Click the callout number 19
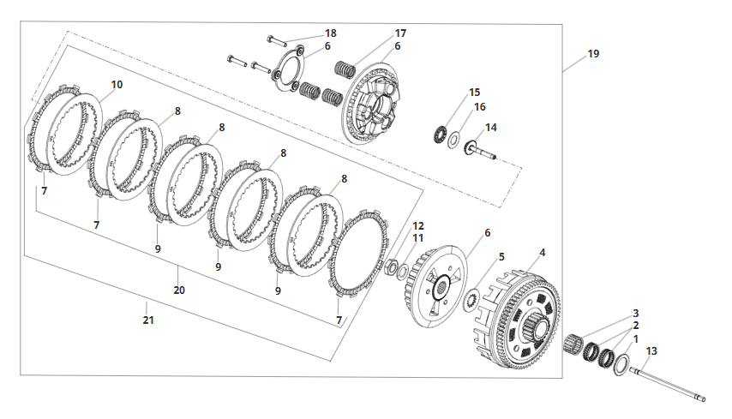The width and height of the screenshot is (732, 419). (593, 54)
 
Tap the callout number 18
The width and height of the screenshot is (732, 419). (331, 33)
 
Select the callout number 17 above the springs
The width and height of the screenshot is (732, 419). (400, 33)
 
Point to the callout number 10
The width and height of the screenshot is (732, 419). (117, 85)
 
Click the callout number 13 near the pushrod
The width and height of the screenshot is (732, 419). (651, 350)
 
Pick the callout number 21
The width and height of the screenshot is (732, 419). (148, 320)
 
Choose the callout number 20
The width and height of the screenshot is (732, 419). (179, 290)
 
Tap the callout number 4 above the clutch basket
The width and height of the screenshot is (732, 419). (542, 253)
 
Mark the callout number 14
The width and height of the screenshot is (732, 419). (491, 128)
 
